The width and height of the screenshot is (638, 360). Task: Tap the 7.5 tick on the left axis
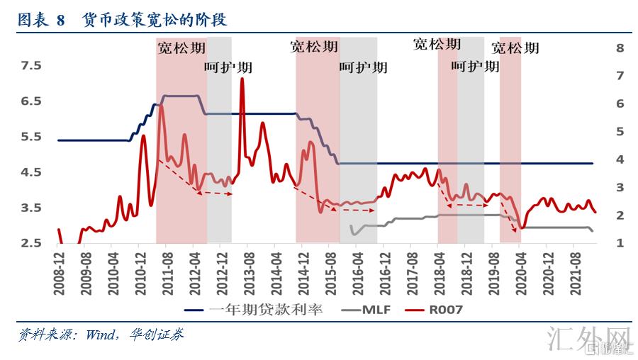pos(32,66)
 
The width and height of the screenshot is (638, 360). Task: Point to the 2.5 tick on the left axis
pos(32,243)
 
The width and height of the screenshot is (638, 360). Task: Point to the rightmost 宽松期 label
pos(515,48)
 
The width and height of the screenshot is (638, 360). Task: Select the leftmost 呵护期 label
pos(228,68)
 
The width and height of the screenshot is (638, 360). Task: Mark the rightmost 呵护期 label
pos(475,67)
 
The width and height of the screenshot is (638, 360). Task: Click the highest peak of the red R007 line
pos(242,79)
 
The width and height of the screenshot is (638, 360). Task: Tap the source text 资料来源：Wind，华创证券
pos(100,334)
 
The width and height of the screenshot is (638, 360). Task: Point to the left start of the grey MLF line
pos(351,226)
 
